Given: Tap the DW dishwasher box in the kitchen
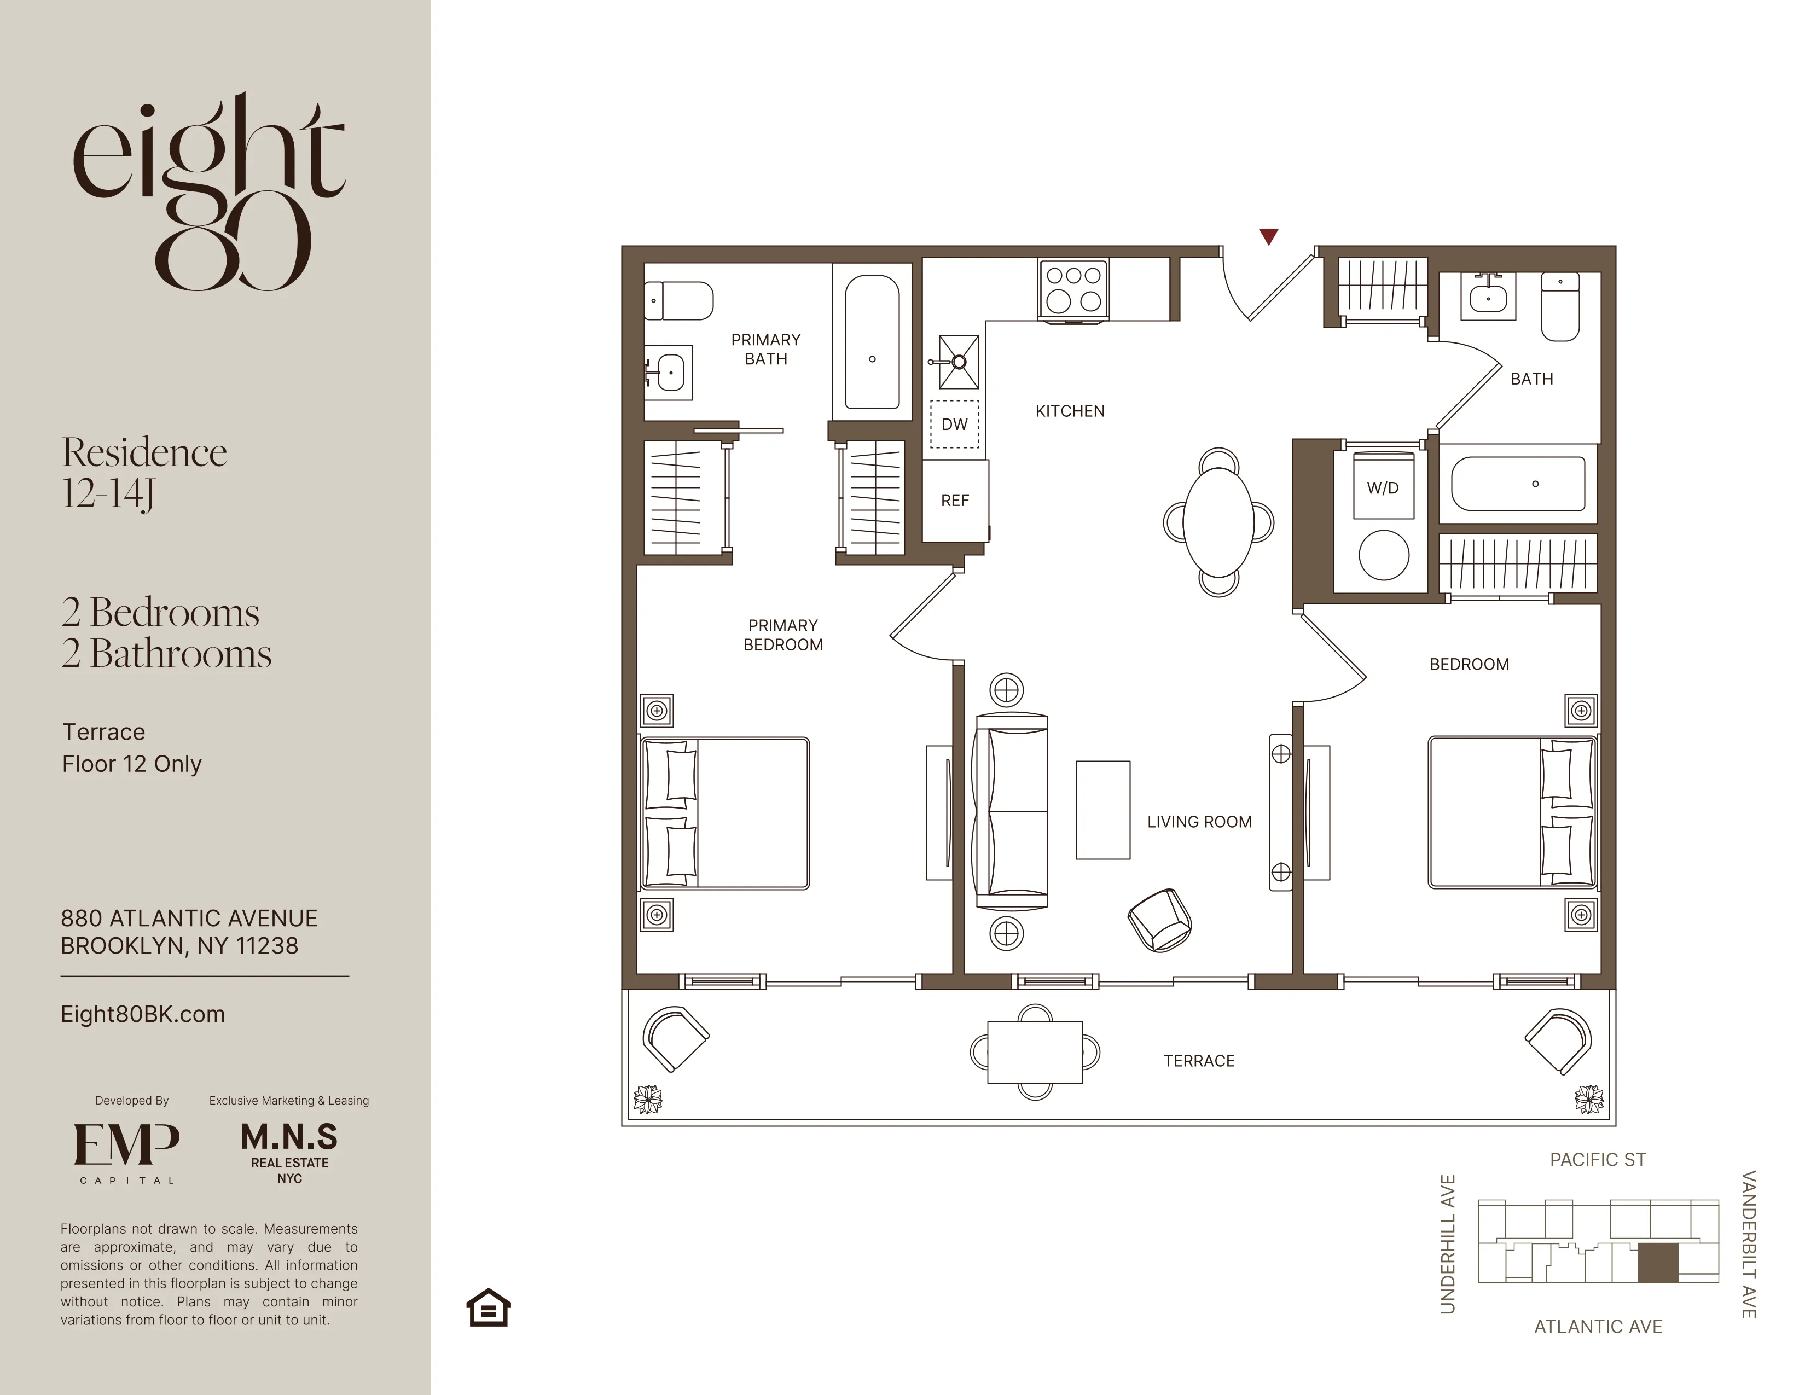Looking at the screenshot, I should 955,425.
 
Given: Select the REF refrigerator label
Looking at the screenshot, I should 955,501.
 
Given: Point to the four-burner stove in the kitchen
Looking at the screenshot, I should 1073,288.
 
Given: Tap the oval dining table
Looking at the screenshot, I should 1219,522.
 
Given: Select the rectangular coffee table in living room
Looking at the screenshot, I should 1102,810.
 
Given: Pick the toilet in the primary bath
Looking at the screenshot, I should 680,301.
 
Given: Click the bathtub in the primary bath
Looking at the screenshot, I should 872,342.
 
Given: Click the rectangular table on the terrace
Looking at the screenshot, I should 1035,1052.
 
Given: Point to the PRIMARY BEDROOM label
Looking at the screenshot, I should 782,635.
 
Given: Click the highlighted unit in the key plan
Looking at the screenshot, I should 1658,1262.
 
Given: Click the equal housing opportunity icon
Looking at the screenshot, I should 489,1307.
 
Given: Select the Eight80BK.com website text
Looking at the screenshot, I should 143,1014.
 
